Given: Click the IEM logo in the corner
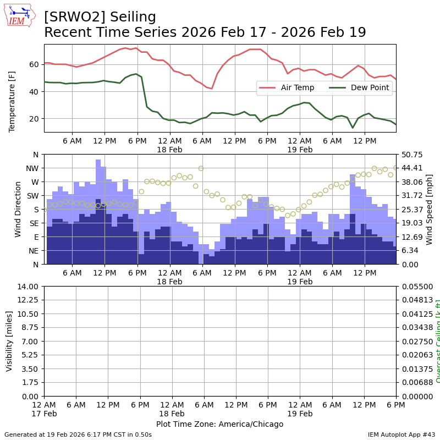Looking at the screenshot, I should pyautogui.click(x=20, y=15).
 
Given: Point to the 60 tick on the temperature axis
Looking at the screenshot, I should pyautogui.click(x=34, y=64).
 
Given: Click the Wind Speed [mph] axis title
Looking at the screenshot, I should pyautogui.click(x=430, y=209).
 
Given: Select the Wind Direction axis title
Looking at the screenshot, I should pyautogui.click(x=18, y=209).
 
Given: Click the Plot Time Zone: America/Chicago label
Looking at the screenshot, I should pyautogui.click(x=219, y=424).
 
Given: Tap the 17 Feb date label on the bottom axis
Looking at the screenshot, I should pyautogui.click(x=44, y=414).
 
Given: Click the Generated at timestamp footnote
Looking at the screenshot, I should pyautogui.click(x=78, y=435).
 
